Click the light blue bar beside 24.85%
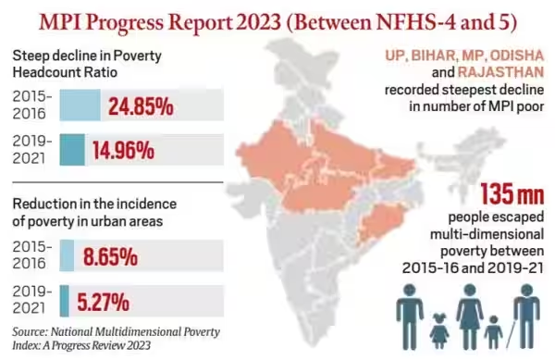coord(81,106)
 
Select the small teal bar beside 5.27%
coord(64,301)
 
